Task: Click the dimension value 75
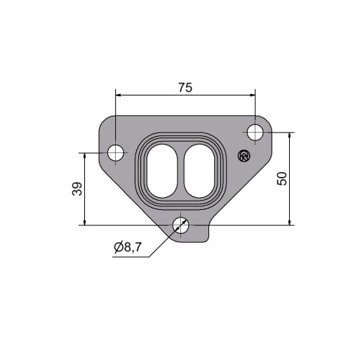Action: click(185, 88)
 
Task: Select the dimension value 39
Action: click(77, 189)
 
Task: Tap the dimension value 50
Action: click(282, 179)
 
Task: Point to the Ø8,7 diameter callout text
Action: click(128, 247)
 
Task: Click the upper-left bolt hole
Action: click(116, 153)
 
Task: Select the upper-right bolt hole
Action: click(255, 133)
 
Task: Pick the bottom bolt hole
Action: click(180, 225)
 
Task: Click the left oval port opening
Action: click(162, 171)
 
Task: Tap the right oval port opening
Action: click(199, 171)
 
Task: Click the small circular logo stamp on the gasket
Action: click(244, 156)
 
